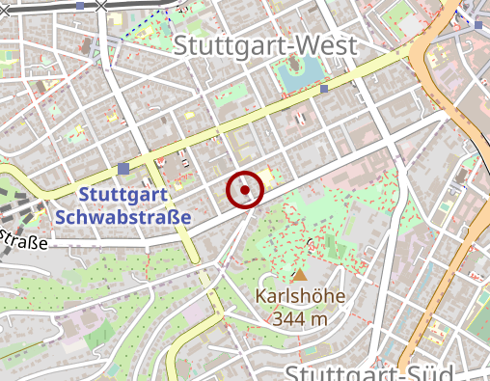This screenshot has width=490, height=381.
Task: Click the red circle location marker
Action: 245,190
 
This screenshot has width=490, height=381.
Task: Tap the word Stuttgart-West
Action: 266,45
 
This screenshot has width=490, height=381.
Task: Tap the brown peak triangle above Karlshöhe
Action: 299,275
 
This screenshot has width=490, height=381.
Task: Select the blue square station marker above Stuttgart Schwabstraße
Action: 123,170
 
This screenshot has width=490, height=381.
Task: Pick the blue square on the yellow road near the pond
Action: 325,89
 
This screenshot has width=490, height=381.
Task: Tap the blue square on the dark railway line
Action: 80,5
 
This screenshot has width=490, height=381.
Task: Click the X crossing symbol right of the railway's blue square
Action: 100,5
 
